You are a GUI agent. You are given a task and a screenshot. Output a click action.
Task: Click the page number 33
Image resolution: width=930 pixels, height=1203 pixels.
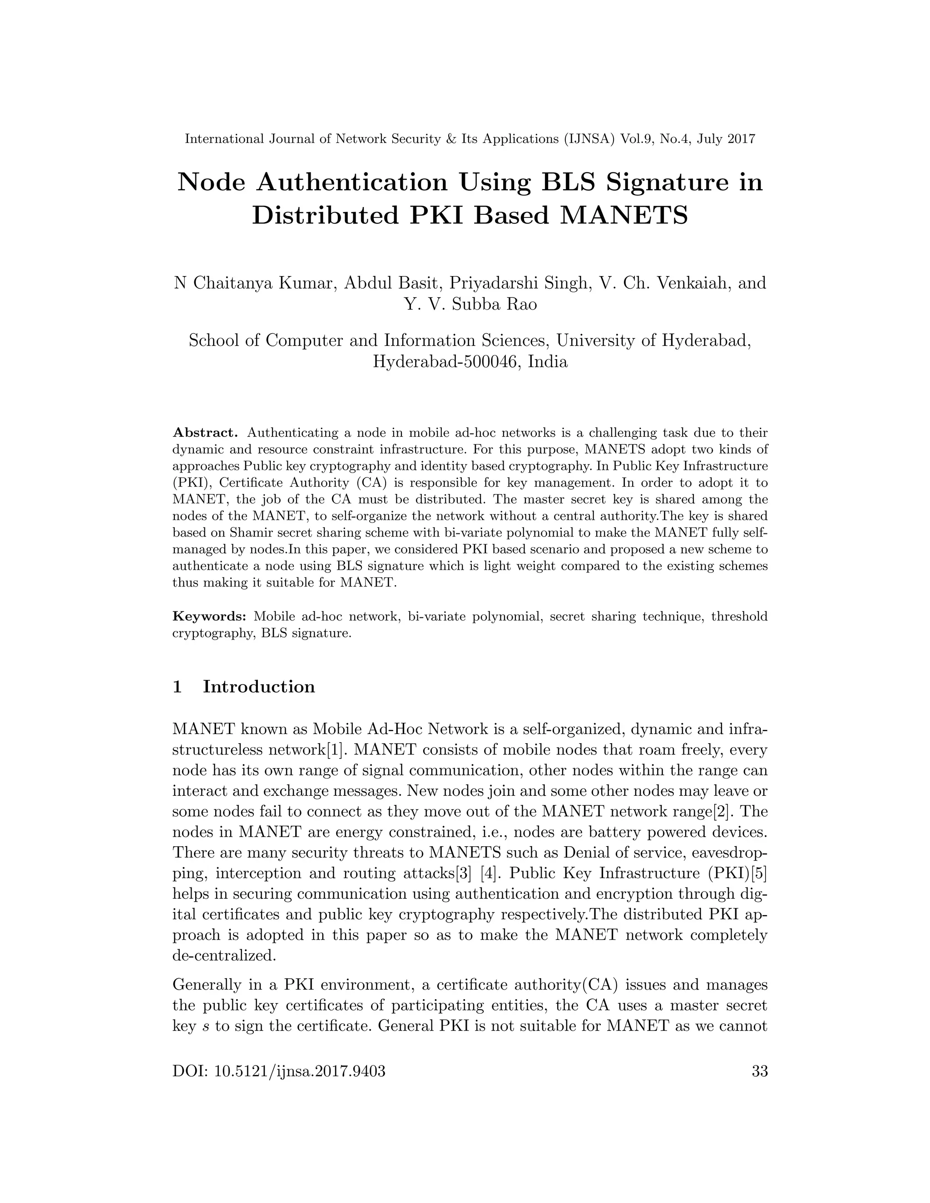tap(759, 1071)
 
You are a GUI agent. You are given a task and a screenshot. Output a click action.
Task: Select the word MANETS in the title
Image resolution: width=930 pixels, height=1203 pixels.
tap(623, 215)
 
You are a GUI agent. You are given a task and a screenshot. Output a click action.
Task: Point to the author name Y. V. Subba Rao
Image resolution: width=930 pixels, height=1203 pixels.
tap(470, 304)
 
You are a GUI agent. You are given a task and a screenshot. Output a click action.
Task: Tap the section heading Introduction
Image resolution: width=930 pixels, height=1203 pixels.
tap(259, 686)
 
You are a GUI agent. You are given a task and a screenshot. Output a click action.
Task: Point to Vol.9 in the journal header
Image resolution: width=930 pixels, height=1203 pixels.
tap(635, 139)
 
